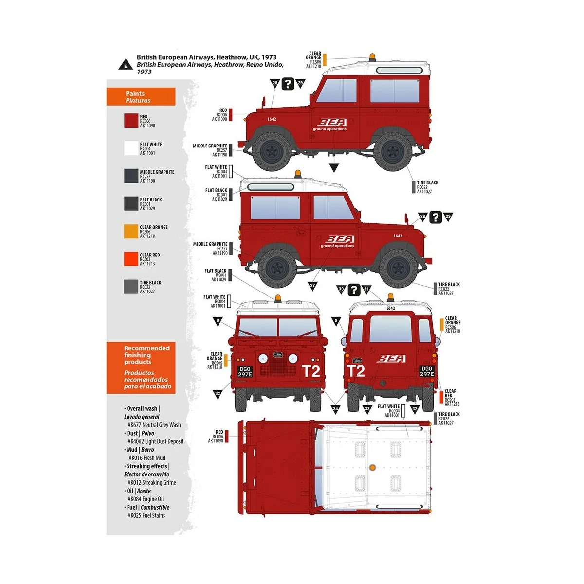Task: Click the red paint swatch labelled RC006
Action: (x=131, y=121)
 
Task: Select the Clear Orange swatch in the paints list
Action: (x=131, y=231)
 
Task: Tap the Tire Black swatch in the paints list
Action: (x=131, y=287)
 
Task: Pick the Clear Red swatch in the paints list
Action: (x=131, y=259)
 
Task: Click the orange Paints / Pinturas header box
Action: (x=141, y=97)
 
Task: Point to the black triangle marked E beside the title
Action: (x=126, y=65)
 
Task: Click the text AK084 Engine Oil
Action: (x=146, y=499)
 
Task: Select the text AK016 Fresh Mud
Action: (x=146, y=458)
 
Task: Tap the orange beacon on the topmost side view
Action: (x=372, y=57)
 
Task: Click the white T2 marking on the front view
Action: (x=311, y=371)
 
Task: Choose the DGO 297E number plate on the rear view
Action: (x=426, y=371)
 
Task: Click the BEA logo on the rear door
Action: (x=391, y=359)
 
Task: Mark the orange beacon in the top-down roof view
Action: (x=372, y=468)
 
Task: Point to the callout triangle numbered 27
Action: (x=312, y=286)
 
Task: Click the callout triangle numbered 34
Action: (x=335, y=409)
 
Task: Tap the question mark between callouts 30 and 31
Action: (x=354, y=289)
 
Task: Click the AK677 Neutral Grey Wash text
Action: (x=154, y=425)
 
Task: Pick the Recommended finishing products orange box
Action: (x=141, y=367)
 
